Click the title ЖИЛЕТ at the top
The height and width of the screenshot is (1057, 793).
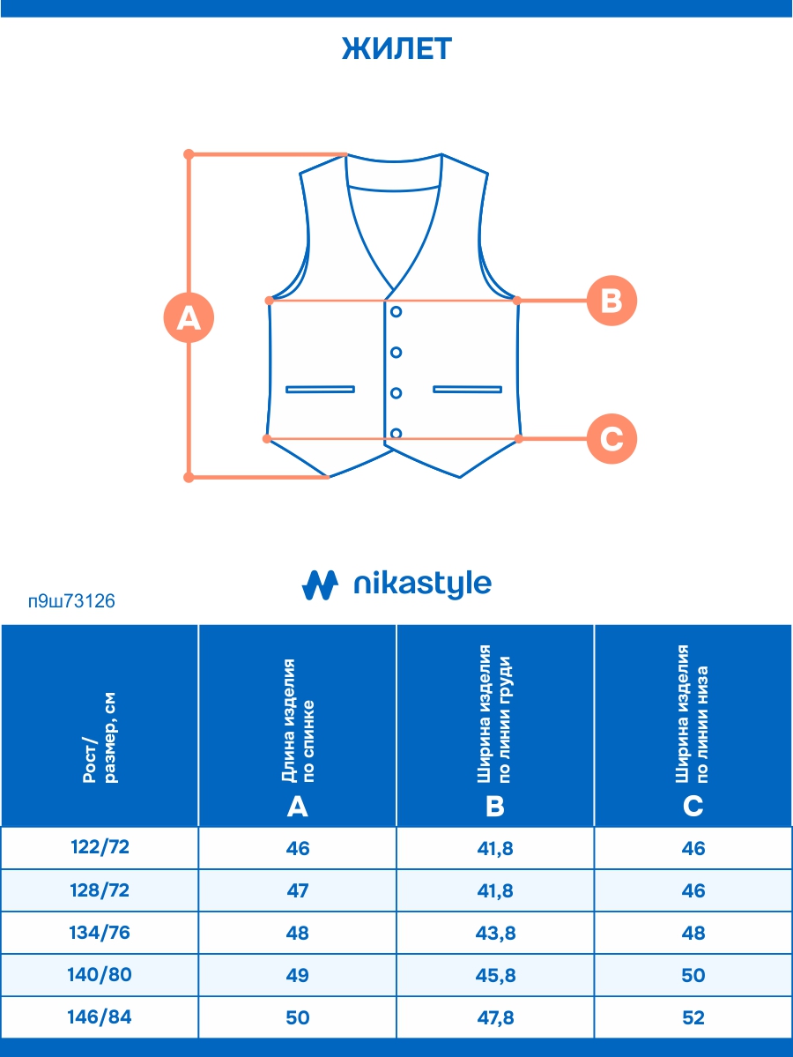396,49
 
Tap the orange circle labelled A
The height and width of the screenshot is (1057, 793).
189,317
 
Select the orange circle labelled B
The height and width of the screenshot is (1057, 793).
611,301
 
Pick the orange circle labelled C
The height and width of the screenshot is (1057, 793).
611,438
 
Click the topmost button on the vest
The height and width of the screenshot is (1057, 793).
396,311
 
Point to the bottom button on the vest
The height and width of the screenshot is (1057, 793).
396,433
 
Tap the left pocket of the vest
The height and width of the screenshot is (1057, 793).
320,389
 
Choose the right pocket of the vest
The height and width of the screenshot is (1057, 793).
467,389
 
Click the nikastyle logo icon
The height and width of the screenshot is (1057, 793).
320,584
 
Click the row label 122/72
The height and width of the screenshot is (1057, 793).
100,848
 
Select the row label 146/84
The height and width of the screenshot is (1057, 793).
100,1017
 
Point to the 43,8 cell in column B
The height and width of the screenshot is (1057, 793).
495,933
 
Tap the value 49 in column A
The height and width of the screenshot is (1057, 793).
298,975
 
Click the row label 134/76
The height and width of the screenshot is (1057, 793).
100,933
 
